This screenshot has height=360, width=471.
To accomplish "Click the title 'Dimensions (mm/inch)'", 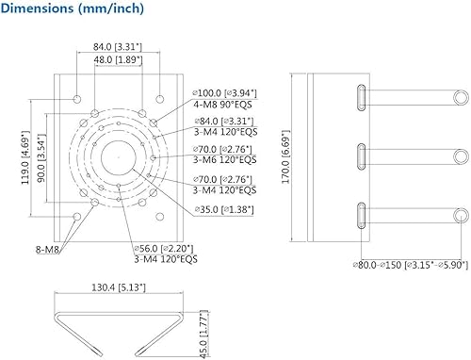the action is [x=73, y=8].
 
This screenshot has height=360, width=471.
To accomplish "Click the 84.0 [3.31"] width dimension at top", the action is [x=118, y=47].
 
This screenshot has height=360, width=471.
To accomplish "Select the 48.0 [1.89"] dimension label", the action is [x=118, y=59].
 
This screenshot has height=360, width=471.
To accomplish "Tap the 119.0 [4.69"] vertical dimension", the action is [x=25, y=157].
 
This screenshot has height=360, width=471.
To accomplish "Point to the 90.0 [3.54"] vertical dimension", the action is [x=41, y=158].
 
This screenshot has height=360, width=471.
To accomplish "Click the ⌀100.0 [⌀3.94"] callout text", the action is [x=225, y=93].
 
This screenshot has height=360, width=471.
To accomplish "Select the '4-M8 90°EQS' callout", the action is [x=222, y=105].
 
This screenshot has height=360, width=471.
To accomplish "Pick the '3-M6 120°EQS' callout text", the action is [x=225, y=159].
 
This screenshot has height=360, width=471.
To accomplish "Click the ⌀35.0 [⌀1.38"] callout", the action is [x=224, y=209].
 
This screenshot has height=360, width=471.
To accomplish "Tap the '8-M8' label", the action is [x=47, y=250].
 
